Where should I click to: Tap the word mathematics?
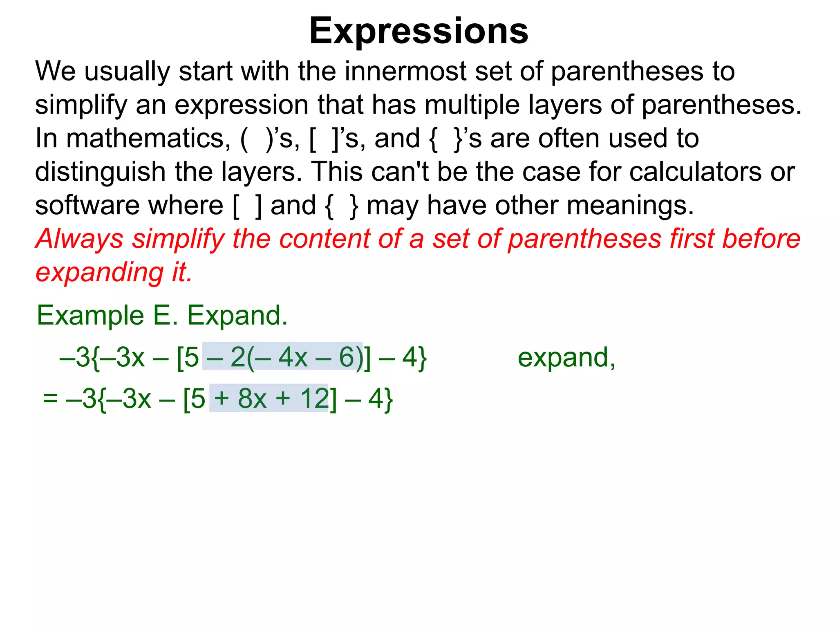148,138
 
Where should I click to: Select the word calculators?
695,172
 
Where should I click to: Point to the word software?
86,205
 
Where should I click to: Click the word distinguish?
100,173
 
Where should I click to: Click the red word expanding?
99,273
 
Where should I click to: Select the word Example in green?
90,316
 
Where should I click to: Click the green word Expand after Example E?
237,316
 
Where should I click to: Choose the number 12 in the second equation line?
314,398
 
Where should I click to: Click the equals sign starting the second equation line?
50,398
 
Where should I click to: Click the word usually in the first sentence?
127,72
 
